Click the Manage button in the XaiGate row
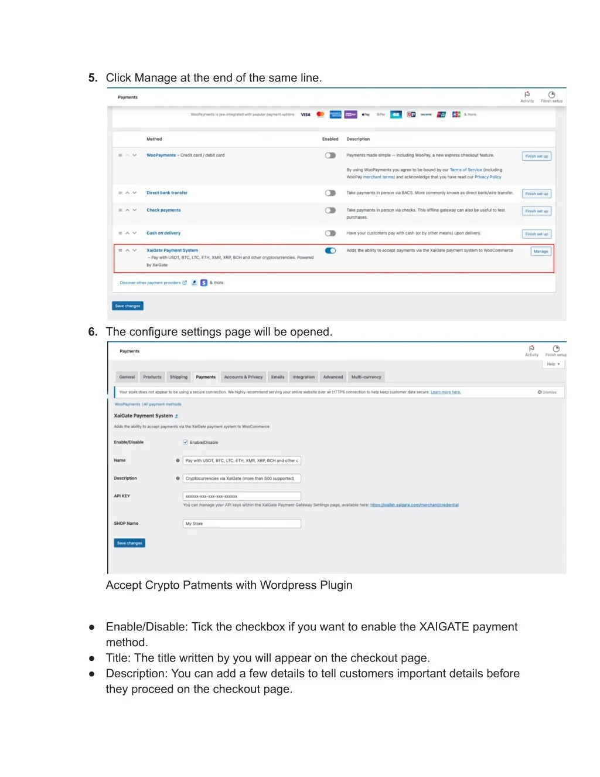click(540, 252)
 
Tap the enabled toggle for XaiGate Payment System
click(330, 251)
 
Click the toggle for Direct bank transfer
click(330, 193)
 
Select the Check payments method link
click(163, 210)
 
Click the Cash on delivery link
click(163, 233)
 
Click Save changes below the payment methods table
click(128, 306)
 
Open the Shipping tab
click(179, 377)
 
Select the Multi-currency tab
click(366, 377)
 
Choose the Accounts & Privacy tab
click(243, 377)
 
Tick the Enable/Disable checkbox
click(186, 442)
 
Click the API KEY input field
click(241, 496)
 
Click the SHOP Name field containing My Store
click(241, 524)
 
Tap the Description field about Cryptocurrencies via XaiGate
click(241, 479)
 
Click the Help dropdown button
click(553, 364)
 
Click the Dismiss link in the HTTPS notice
click(548, 392)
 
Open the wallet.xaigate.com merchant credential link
click(414, 505)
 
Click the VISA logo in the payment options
click(306, 115)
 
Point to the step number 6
click(93, 332)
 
